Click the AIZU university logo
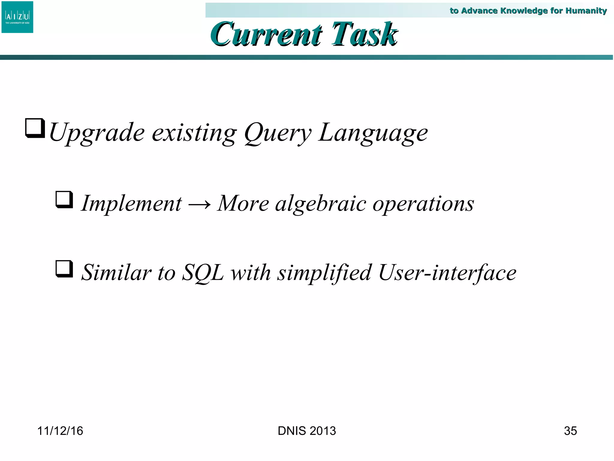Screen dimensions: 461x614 click(x=17, y=17)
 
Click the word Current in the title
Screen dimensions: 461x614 click(x=266, y=35)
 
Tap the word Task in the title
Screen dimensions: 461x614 click(x=365, y=35)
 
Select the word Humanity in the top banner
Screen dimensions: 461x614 click(x=586, y=11)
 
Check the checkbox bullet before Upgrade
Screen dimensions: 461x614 click(x=35, y=128)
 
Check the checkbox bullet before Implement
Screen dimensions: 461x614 click(x=64, y=200)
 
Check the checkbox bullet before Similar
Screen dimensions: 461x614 click(x=64, y=269)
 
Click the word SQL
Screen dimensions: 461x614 click(x=203, y=273)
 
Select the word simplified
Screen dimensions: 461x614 click(x=324, y=273)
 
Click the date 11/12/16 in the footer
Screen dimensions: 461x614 click(x=60, y=431)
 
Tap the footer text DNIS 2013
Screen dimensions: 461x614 click(x=307, y=431)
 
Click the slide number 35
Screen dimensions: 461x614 click(x=570, y=431)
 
